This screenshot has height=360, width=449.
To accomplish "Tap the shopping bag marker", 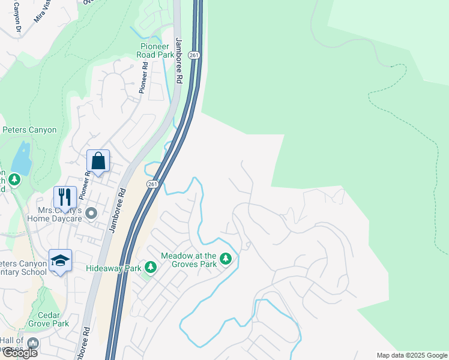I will [x=98, y=161].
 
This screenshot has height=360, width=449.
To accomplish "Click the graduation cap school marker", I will [x=60, y=260].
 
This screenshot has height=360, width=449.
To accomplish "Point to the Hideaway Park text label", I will [x=113, y=268].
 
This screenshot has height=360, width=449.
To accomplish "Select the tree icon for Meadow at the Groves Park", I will [x=226, y=259].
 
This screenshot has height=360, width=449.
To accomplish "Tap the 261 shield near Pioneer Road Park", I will [x=193, y=55].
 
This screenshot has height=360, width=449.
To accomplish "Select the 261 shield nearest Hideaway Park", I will [x=153, y=184].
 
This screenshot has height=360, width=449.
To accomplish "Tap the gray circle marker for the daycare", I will [x=91, y=213].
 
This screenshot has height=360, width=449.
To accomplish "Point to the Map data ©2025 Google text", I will [x=411, y=355].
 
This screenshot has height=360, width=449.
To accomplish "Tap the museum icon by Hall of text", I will [x=32, y=343].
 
